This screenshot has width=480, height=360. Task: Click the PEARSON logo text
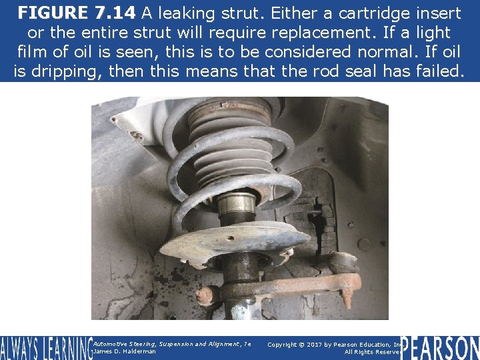[x=440, y=347]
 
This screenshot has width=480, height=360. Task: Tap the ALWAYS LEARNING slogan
[x=45, y=347]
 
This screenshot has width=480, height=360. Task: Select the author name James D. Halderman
[x=125, y=351]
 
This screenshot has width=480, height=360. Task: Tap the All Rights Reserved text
[x=372, y=351]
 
